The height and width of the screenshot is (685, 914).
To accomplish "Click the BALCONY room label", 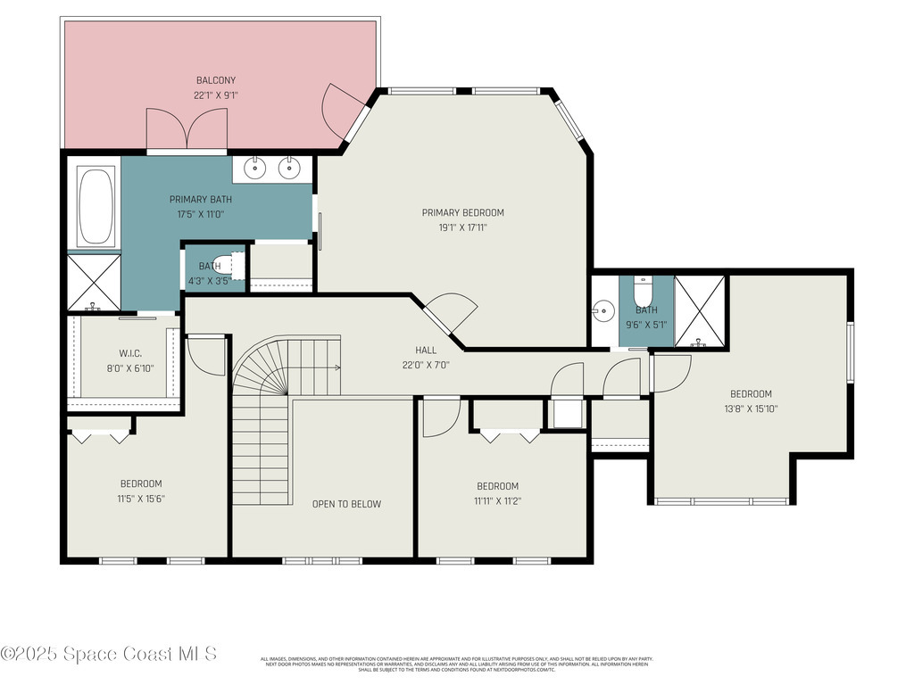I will (216, 80).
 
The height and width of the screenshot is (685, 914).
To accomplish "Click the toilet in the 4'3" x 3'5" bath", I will (236, 266).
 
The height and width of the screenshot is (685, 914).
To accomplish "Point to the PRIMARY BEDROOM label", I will (462, 212).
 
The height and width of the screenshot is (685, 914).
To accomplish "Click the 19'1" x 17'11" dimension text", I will (462, 227).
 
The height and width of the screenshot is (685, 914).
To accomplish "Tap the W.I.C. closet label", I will (131, 353).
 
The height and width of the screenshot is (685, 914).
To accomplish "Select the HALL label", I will (426, 350).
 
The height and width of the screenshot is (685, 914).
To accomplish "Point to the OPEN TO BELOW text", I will (346, 504).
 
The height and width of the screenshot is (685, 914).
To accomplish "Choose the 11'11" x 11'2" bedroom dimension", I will (497, 500).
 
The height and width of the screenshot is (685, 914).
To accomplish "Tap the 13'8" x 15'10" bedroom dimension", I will (751, 409).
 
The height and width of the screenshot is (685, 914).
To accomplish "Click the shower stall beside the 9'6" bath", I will (700, 310).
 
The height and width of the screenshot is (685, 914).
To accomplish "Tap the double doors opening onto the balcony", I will (186, 130).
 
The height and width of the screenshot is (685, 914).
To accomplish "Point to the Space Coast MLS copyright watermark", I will (109, 654).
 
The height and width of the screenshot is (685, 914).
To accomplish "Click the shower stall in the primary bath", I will (94, 282).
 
